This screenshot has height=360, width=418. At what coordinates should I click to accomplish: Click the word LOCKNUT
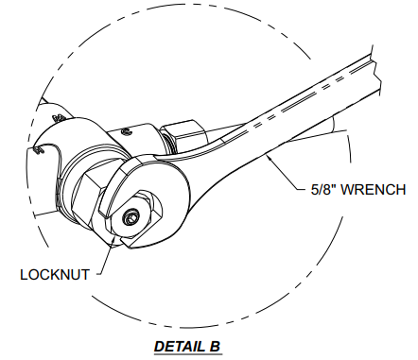[x=54, y=275]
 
